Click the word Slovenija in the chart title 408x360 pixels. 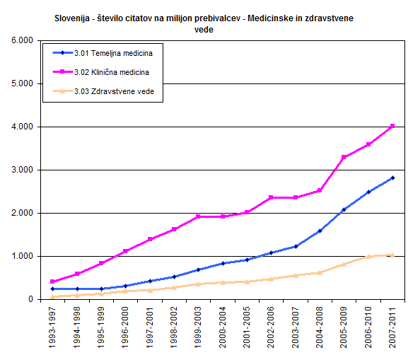click(x=72, y=18)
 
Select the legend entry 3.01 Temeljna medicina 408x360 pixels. click(x=103, y=53)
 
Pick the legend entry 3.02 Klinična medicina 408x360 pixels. click(x=100, y=72)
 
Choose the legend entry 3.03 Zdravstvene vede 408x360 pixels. click(x=103, y=91)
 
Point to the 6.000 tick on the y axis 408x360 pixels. click(x=23, y=40)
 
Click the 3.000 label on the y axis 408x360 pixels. click(x=23, y=170)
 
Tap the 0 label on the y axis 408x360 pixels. click(x=30, y=299)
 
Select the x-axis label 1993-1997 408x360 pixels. click(x=52, y=327)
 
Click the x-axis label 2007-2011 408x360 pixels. click(x=392, y=327)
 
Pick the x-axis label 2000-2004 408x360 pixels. click(x=223, y=327)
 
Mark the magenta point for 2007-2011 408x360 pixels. click(x=392, y=126)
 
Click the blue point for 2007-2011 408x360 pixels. click(x=392, y=178)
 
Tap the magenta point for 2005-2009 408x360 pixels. click(x=344, y=157)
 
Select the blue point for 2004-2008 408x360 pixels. click(x=320, y=231)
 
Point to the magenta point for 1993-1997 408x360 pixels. click(x=52, y=281)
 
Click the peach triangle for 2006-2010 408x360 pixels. click(x=368, y=257)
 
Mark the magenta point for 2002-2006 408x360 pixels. click(x=271, y=197)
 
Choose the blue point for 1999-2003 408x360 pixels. click(x=198, y=269)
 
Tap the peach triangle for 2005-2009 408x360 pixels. click(x=344, y=265)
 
